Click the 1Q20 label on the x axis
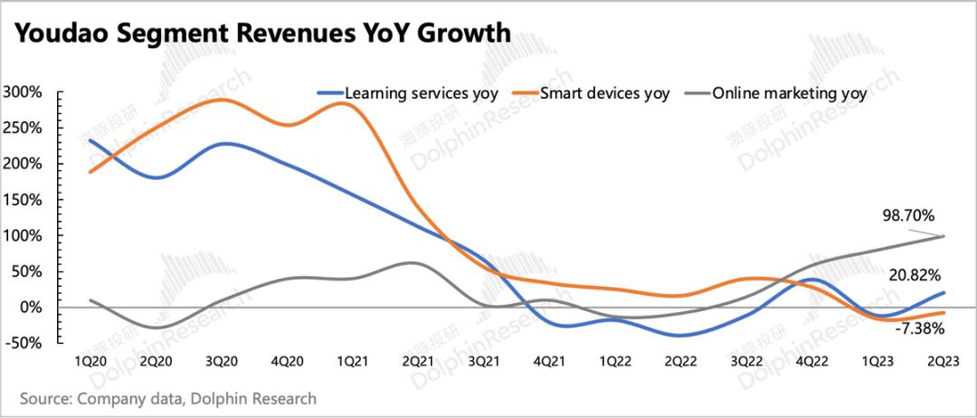coord(91,359)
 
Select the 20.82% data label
coord(915,274)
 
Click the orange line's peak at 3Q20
coord(223,100)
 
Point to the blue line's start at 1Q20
coord(91,140)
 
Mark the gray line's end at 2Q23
coord(944,237)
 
